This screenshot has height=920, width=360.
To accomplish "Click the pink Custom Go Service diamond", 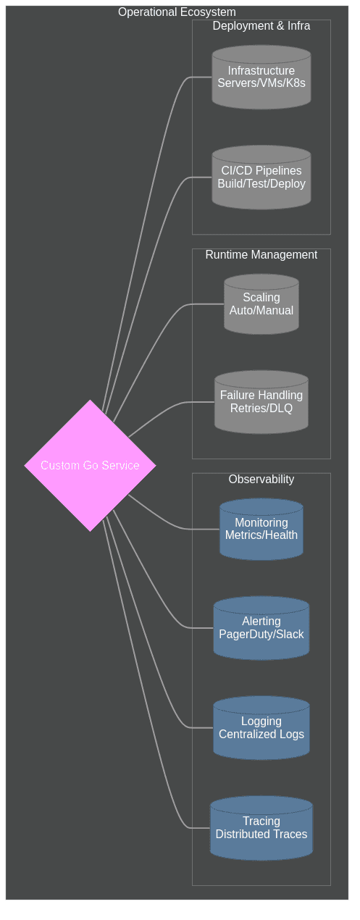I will (90, 465).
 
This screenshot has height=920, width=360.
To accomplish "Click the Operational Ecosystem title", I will (177, 12).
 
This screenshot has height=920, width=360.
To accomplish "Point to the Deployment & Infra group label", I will (261, 26).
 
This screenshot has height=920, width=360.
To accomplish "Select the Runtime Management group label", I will (261, 255).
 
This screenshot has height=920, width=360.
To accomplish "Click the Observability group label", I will (261, 480).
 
